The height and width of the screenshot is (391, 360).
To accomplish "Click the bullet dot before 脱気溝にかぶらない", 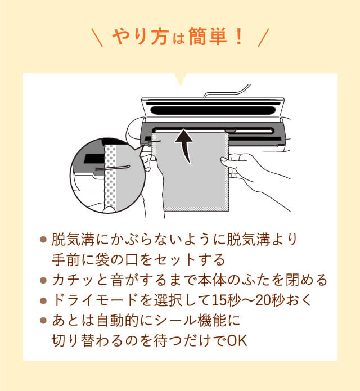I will click(x=43, y=240).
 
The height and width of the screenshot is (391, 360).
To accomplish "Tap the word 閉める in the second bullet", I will click(x=309, y=280).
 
